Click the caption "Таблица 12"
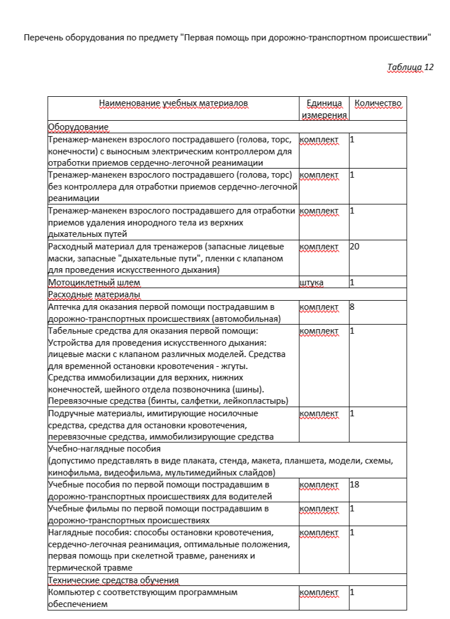[x=410, y=67]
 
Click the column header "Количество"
[x=378, y=104]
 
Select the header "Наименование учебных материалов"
[x=174, y=104]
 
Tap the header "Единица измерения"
[x=324, y=109]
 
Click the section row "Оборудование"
[x=79, y=126]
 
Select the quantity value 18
[x=354, y=485]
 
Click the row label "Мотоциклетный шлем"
[x=94, y=282]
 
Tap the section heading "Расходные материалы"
[x=94, y=294]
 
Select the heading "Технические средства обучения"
[x=114, y=580]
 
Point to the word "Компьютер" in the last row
[x=71, y=592]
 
